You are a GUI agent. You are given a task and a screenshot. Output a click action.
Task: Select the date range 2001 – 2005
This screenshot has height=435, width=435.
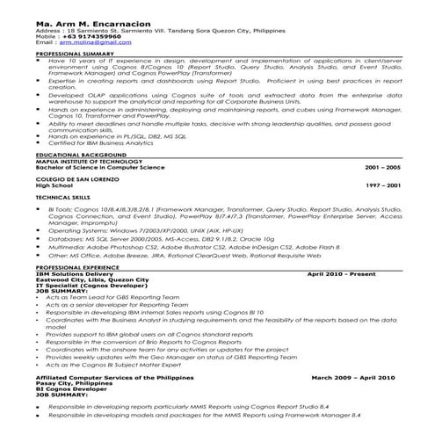pos(381,166)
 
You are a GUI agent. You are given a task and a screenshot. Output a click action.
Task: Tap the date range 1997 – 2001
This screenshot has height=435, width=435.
pos(381,185)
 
